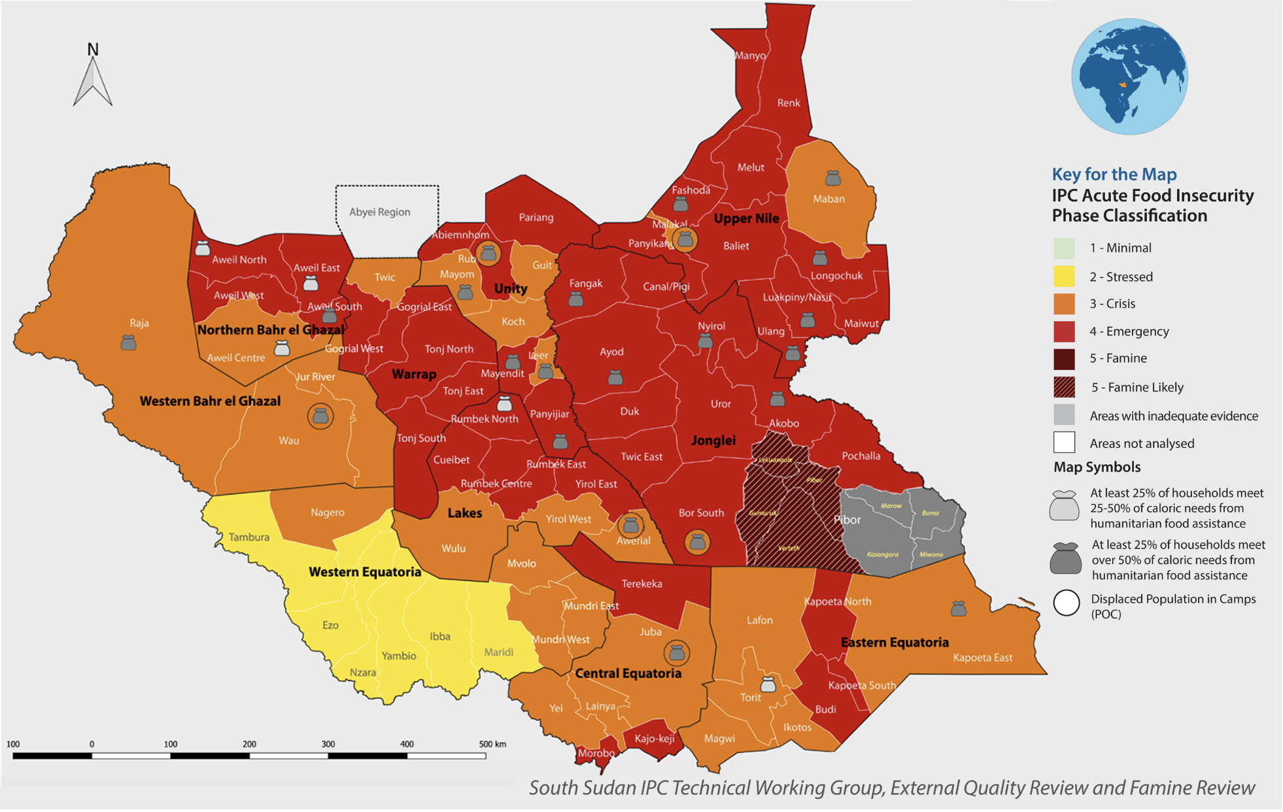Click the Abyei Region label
[x=379, y=212]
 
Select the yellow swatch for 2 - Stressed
[x=1064, y=277]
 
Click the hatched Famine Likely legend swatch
[x=1064, y=387]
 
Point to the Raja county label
[x=139, y=323]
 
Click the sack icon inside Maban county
[x=832, y=178]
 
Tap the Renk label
[x=788, y=103]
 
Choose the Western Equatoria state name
[x=365, y=572]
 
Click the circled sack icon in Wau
[x=320, y=416]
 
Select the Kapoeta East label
[x=982, y=658]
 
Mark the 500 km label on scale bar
[x=492, y=744]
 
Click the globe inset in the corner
[x=1129, y=76]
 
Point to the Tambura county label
[x=248, y=537]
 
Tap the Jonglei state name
[x=713, y=441]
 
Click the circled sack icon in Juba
[x=677, y=652]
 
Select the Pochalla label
[x=861, y=456]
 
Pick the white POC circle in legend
[x=1066, y=603]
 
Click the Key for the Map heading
[x=1114, y=175]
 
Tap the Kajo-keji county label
[x=654, y=739]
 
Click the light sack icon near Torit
[x=768, y=685]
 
